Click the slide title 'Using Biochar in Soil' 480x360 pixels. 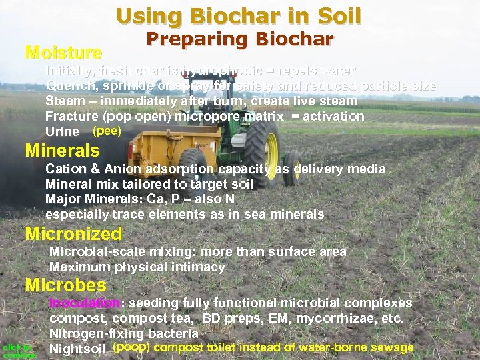pyautogui.click(x=239, y=15)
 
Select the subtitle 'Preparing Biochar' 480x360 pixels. pyautogui.click(x=239, y=39)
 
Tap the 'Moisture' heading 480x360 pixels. pyautogui.click(x=63, y=52)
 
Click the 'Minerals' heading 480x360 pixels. pyautogui.click(x=62, y=150)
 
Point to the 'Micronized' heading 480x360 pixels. pyautogui.click(x=73, y=234)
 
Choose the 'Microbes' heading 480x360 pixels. pyautogui.click(x=65, y=285)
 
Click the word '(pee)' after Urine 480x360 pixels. pyautogui.click(x=107, y=131)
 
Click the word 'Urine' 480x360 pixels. pyautogui.click(x=61, y=132)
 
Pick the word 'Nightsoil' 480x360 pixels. pyautogui.click(x=78, y=349)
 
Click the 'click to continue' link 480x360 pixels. pyautogui.click(x=18, y=351)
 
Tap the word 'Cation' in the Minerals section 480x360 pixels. pyautogui.click(x=65, y=169)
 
